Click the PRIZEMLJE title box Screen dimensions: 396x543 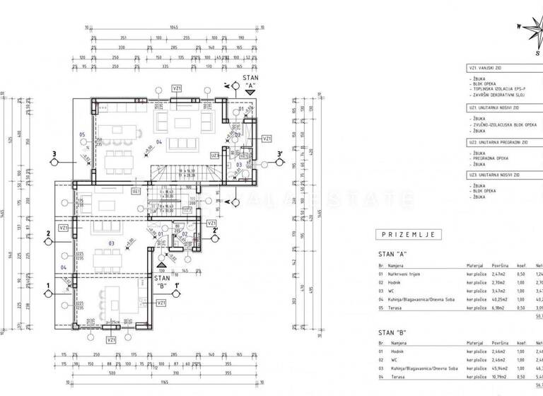(x=408, y=235)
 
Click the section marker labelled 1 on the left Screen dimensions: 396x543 (x=47, y=286)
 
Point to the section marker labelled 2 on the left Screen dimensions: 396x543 (x=47, y=233)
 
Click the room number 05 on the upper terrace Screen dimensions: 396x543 (x=82, y=134)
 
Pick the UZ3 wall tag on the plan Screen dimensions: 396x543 (x=214, y=155)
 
